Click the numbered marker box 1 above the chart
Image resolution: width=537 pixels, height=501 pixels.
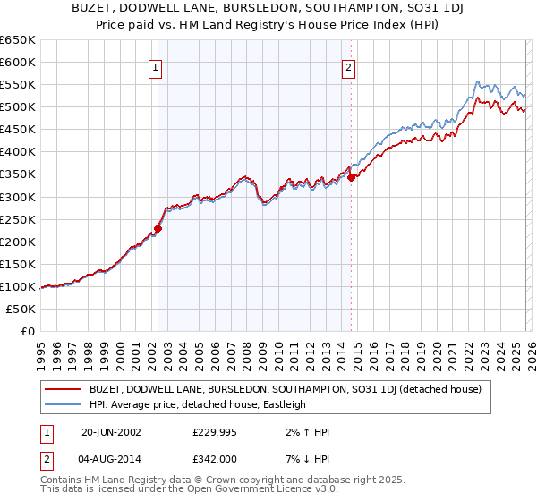(156, 66)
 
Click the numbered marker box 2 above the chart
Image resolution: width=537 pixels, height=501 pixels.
(348, 66)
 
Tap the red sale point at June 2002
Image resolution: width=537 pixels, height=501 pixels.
(158, 228)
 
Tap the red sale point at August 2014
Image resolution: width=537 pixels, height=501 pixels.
(351, 177)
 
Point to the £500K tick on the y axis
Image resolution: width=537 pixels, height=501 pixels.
(18, 107)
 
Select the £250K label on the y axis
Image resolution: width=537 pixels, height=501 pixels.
(18, 219)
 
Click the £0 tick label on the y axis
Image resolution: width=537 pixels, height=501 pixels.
(27, 331)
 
